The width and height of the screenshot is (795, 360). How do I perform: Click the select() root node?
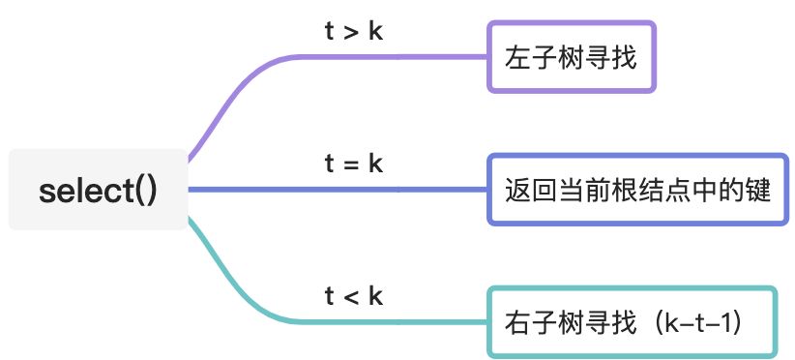tap(97, 190)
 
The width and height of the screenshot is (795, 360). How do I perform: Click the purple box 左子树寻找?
tap(571, 57)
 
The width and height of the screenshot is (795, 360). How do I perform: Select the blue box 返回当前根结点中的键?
tap(637, 190)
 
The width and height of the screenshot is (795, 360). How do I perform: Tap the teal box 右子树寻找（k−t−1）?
tap(632, 321)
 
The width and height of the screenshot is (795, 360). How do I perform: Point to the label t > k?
tap(354, 31)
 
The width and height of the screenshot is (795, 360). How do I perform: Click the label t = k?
tap(354, 164)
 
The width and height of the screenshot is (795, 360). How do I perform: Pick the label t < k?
tap(354, 295)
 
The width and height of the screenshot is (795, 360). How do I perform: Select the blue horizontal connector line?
tap(339, 190)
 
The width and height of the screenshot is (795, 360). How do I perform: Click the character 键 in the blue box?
tap(758, 191)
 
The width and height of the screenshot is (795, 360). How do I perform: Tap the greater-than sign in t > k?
tap(353, 32)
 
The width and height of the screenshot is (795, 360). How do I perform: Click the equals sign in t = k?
tap(353, 165)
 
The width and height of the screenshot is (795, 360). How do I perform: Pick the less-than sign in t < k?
tap(353, 296)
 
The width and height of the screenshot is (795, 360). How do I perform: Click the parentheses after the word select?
tap(146, 191)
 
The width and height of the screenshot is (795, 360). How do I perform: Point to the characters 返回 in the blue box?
tap(528, 191)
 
